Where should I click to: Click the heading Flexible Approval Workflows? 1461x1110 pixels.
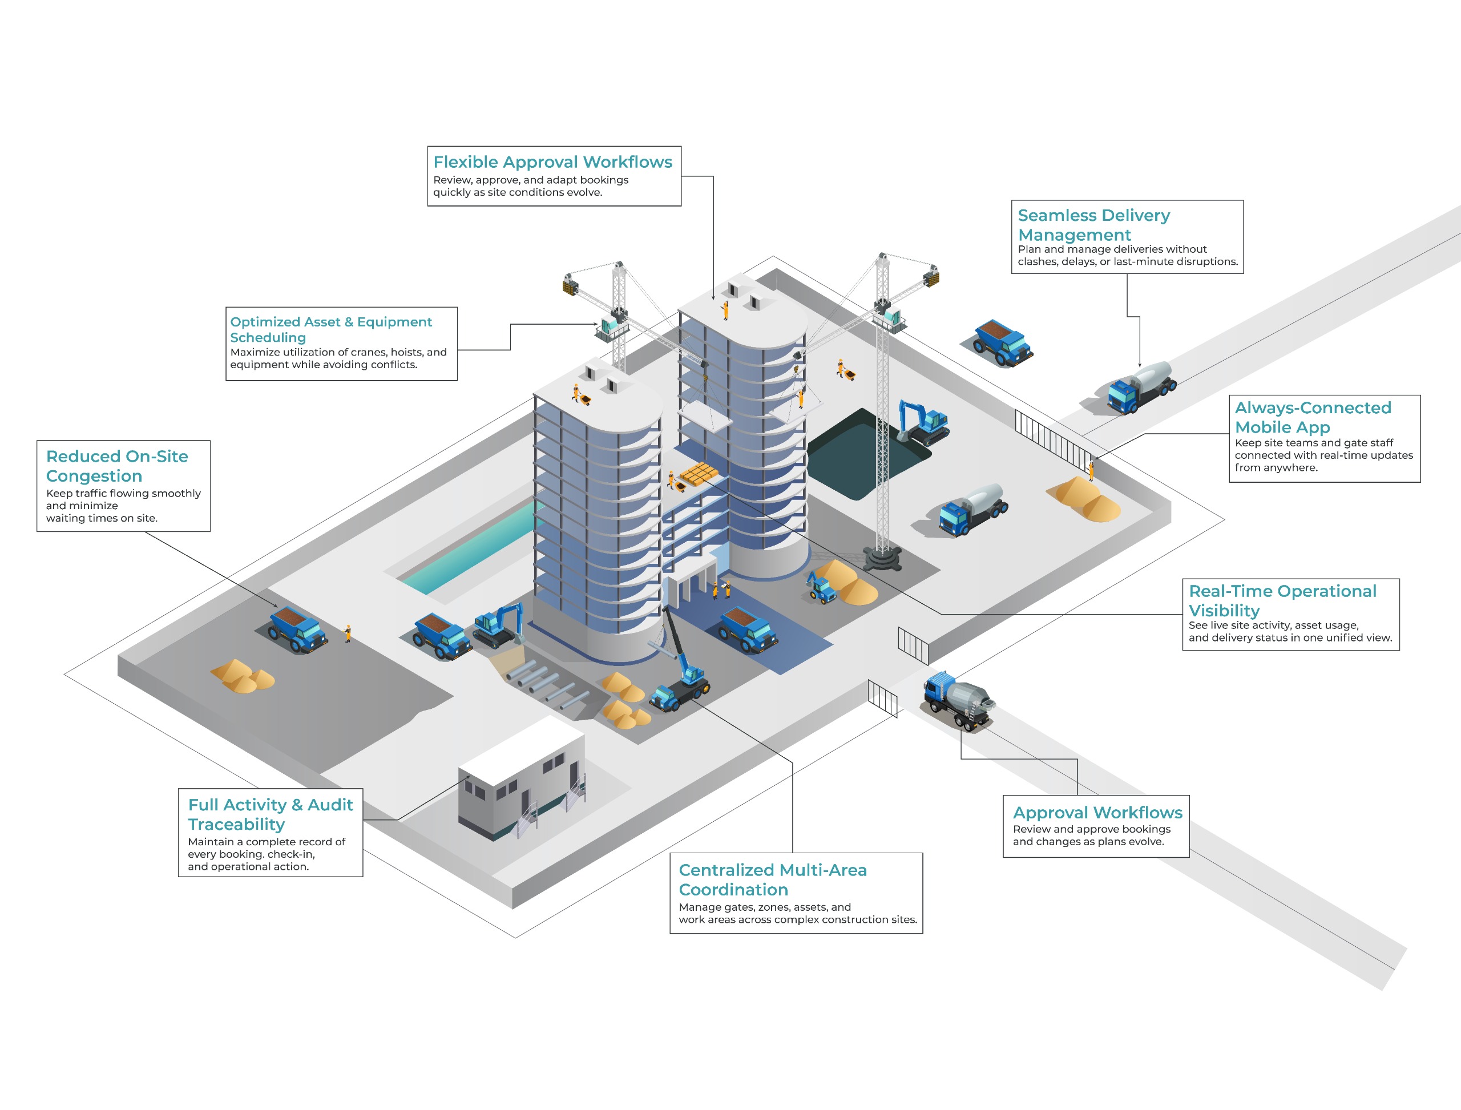click(x=552, y=162)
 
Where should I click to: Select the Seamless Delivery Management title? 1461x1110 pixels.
click(x=1093, y=225)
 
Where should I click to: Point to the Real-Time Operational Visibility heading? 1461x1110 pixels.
click(x=1282, y=600)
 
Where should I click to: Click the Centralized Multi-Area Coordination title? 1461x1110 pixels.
click(x=773, y=879)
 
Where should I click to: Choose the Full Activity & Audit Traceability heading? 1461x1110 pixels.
click(x=271, y=814)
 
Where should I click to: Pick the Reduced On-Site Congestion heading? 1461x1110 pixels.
click(x=117, y=466)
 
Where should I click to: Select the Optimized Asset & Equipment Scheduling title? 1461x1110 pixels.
click(x=330, y=329)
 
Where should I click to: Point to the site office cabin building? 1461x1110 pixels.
click(x=522, y=780)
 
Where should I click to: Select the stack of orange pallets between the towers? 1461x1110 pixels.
click(x=699, y=474)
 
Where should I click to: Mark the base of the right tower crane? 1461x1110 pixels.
click(x=882, y=558)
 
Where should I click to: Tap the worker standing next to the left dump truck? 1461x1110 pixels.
click(x=348, y=633)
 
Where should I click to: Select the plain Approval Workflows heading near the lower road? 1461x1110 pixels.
click(x=1097, y=813)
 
